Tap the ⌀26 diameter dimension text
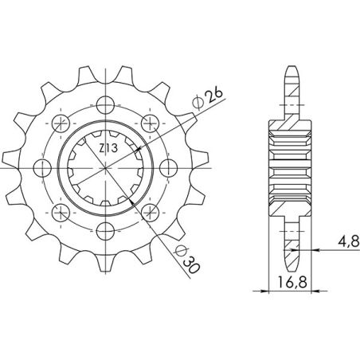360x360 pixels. [210, 98]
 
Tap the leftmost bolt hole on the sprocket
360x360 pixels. [42, 167]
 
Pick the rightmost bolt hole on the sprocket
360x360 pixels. [168, 167]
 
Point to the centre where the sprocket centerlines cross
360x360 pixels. [105, 167]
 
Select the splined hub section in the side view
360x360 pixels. [290, 167]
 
